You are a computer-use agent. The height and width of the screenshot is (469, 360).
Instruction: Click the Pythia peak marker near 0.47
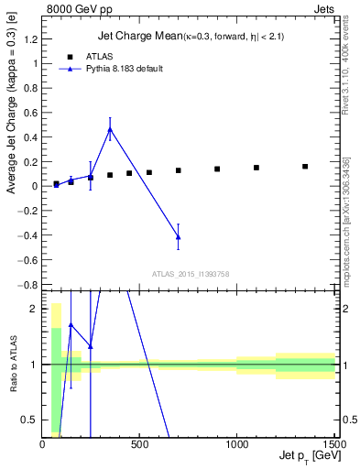pyautogui.click(x=110, y=129)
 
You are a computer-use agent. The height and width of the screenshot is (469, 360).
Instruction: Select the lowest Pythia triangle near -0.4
pyautogui.click(x=178, y=236)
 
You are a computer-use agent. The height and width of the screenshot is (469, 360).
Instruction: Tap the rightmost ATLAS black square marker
pyautogui.click(x=305, y=167)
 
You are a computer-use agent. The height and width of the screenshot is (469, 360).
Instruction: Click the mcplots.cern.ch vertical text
pyautogui.click(x=348, y=220)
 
